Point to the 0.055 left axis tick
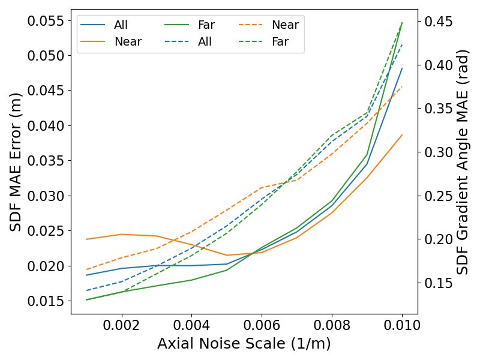point(46,21)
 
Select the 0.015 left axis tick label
point(46,301)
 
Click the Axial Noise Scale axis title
point(244,344)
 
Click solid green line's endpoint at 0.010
point(402,23)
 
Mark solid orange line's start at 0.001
point(86,239)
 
